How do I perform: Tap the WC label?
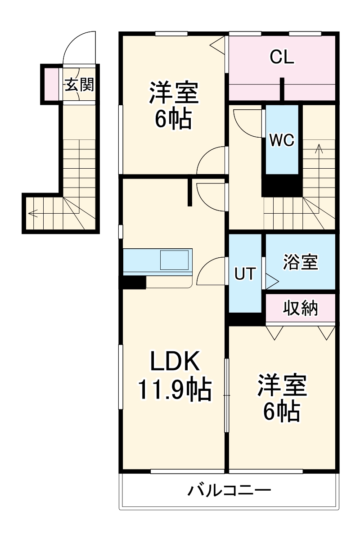click(x=282, y=140)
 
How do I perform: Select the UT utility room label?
click(x=245, y=273)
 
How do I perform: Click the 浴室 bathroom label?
click(x=301, y=262)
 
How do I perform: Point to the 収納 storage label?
click(x=301, y=309)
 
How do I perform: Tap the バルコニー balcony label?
click(x=229, y=489)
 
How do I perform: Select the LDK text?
click(x=174, y=361)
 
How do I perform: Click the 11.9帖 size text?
click(x=174, y=390)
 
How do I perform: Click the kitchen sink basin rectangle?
click(x=175, y=260)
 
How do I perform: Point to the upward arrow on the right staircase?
click(x=319, y=148)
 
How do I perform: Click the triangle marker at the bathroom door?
click(x=272, y=282)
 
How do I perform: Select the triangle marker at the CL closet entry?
click(x=218, y=44)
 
